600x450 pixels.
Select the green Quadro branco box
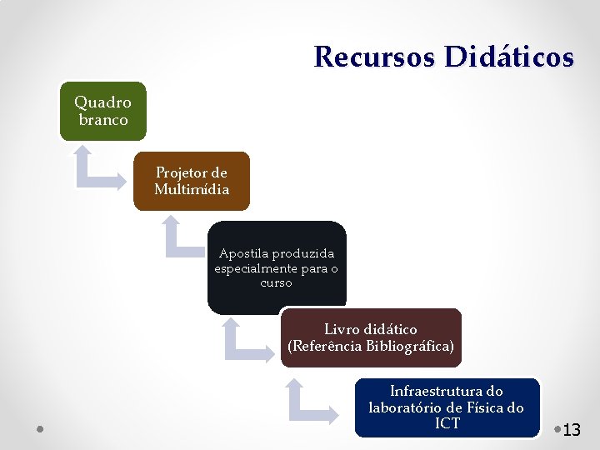(102, 111)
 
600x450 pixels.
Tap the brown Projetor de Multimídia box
(191, 181)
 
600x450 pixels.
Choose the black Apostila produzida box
(276, 267)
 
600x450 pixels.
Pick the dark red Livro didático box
(370, 337)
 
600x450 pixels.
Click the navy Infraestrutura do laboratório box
(447, 407)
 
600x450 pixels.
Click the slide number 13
(572, 431)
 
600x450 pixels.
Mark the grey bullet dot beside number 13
(557, 429)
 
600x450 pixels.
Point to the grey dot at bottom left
(41, 429)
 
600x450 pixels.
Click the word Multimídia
(191, 189)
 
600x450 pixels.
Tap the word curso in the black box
(276, 282)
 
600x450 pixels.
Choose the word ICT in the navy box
(447, 423)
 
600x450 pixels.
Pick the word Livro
(342, 329)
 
